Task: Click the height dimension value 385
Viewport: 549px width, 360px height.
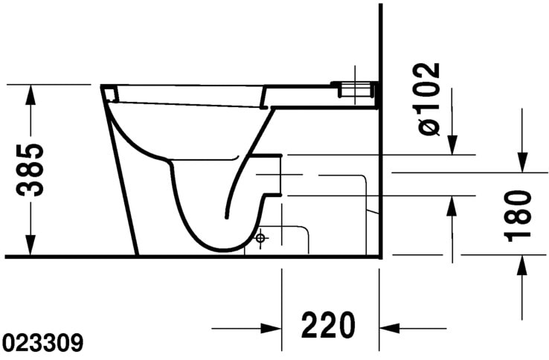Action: (x=31, y=169)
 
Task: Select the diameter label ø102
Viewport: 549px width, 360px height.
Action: (x=429, y=99)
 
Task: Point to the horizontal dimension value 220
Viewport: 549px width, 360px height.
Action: (x=328, y=326)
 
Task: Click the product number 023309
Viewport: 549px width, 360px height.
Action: (x=42, y=344)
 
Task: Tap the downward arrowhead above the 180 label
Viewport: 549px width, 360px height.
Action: (x=522, y=162)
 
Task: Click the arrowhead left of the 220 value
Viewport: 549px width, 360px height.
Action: (x=271, y=327)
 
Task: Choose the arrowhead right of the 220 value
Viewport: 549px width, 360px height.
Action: (x=389, y=327)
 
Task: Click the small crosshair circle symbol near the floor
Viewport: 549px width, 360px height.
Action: (x=260, y=238)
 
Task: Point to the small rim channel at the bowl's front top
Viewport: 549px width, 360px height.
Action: (x=109, y=92)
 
